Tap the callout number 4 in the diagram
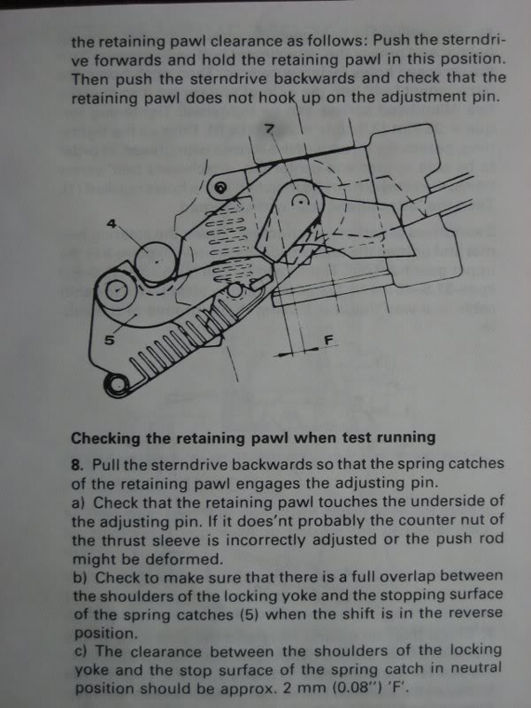(x=112, y=225)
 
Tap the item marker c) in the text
(x=78, y=650)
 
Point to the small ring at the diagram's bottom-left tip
(x=114, y=383)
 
